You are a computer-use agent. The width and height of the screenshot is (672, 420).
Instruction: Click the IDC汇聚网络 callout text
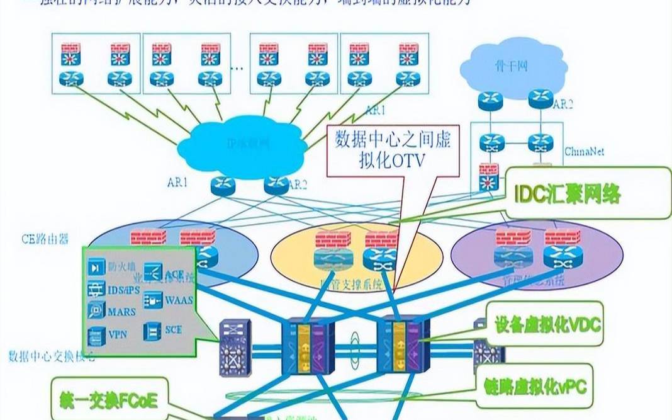[x=567, y=193]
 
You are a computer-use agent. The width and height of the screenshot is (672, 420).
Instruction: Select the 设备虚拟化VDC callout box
[x=541, y=326]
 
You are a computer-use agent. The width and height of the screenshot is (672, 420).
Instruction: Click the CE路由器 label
[x=44, y=239]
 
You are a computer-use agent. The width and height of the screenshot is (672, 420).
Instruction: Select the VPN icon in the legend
[x=96, y=334]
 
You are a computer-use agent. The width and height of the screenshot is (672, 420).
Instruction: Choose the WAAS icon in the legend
[x=154, y=300]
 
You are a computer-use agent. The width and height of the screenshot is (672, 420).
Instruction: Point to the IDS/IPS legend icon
[x=96, y=290]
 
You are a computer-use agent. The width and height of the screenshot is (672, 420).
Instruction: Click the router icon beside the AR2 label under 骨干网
[x=540, y=98]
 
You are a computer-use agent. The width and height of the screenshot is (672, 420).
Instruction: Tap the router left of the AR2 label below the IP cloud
[x=276, y=184]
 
